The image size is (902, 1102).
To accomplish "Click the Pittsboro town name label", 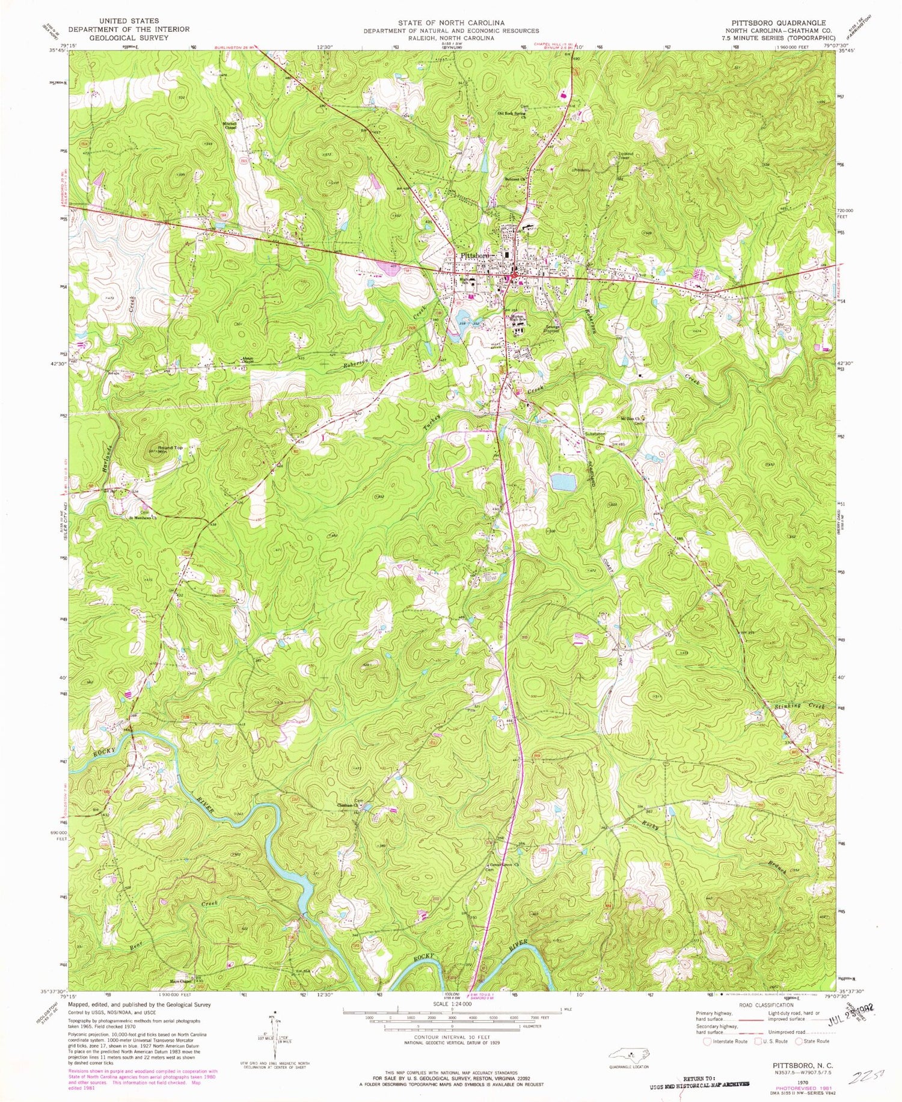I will (474, 256).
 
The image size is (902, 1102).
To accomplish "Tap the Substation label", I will (595, 434).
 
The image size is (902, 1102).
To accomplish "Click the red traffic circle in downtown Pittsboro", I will (514, 277).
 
